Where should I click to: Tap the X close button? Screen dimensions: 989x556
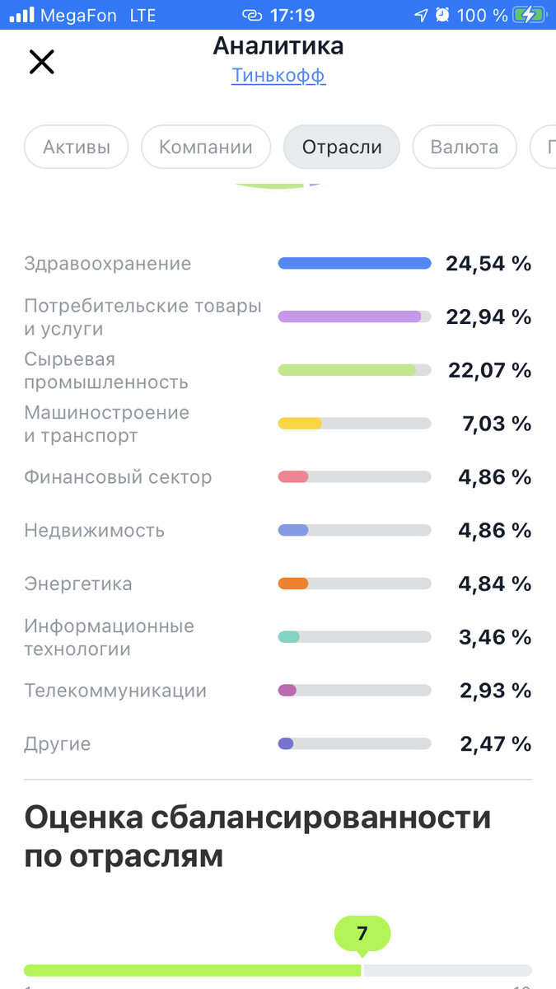click(x=41, y=62)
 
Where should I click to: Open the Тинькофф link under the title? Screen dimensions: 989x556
click(x=278, y=76)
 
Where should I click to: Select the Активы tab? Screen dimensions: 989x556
click(x=77, y=148)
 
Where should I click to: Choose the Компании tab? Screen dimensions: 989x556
click(x=206, y=148)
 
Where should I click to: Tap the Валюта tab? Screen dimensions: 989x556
click(x=465, y=148)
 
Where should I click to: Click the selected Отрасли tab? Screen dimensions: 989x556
click(x=342, y=148)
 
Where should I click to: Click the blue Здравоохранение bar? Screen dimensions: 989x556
click(x=354, y=264)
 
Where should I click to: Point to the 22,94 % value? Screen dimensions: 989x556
click(x=488, y=316)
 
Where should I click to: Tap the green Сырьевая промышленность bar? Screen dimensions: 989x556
click(x=347, y=370)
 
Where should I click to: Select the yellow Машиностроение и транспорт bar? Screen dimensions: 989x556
click(x=300, y=424)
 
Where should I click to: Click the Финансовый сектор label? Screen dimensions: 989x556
click(x=118, y=477)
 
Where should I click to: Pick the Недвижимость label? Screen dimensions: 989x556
click(x=94, y=531)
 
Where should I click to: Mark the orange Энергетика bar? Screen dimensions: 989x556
click(x=293, y=584)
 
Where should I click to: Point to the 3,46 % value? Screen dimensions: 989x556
click(x=495, y=637)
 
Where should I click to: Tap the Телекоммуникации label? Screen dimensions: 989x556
click(x=115, y=691)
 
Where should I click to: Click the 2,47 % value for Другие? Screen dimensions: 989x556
click(x=495, y=744)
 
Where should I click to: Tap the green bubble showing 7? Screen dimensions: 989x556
click(x=362, y=934)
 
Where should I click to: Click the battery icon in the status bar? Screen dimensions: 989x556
click(x=528, y=15)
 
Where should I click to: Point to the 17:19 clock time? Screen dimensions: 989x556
click(x=292, y=15)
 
